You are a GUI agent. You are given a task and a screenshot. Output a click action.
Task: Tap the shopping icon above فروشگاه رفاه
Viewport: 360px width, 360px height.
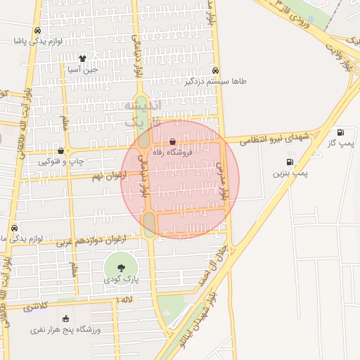(x=173, y=141)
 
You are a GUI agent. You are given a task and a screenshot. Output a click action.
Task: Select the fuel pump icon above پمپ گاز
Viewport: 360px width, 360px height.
(x=341, y=132)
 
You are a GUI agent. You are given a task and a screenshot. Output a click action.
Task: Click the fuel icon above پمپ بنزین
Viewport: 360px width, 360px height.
(x=290, y=162)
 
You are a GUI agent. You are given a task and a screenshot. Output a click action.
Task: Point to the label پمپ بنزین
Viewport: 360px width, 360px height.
(x=290, y=172)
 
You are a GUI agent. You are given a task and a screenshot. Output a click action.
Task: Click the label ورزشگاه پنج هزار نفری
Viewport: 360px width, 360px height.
(x=66, y=329)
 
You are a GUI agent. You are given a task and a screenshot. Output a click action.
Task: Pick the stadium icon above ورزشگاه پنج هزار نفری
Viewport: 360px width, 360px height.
(x=66, y=319)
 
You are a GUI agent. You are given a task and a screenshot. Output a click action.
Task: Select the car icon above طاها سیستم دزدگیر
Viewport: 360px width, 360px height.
(x=215, y=70)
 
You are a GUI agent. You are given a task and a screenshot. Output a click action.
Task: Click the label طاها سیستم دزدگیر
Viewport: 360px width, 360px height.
(x=216, y=81)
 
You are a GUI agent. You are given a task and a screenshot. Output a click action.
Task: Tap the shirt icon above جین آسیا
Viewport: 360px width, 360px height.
(x=82, y=59)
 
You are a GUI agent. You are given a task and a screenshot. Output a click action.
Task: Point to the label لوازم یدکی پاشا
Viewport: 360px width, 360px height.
(x=38, y=41)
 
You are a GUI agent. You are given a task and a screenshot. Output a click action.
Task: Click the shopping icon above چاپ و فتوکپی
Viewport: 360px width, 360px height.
(x=61, y=150)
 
